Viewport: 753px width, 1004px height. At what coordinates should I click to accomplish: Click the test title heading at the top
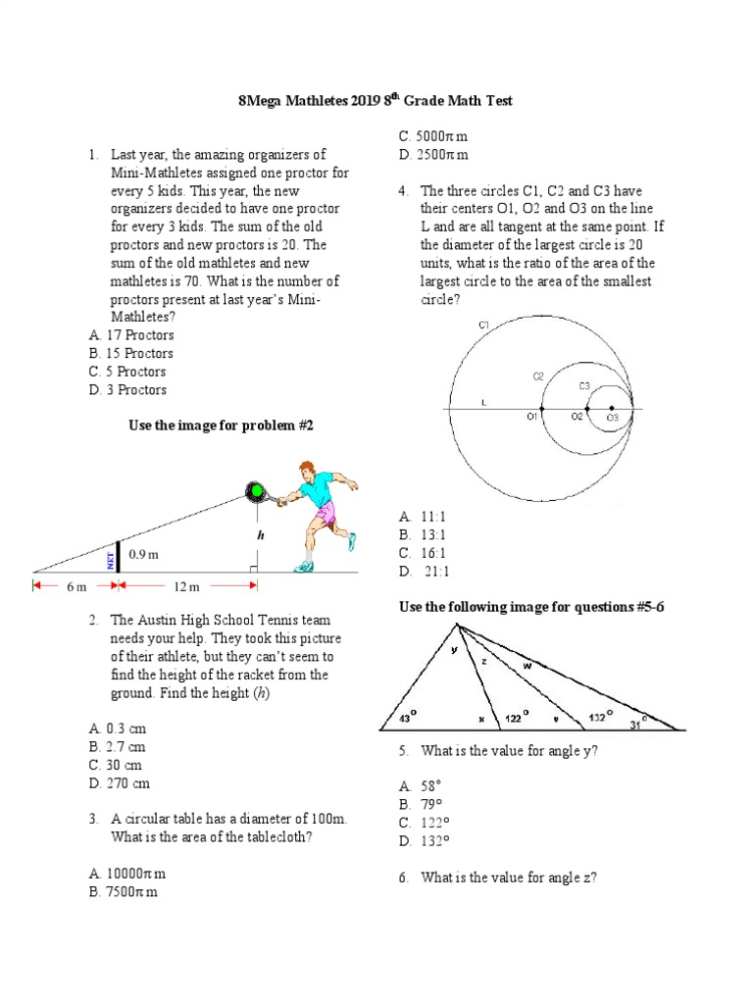click(376, 101)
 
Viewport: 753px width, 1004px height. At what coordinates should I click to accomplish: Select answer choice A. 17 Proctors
click(131, 335)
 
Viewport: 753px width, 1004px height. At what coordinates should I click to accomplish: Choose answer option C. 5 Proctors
click(127, 372)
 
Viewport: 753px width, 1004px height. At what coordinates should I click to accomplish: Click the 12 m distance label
click(186, 586)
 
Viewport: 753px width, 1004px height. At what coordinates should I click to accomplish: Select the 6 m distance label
click(76, 586)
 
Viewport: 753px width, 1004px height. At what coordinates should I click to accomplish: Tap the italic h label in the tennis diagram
click(260, 535)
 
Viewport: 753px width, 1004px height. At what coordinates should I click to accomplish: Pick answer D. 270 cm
click(120, 783)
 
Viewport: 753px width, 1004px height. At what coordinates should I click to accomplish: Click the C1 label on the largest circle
click(484, 325)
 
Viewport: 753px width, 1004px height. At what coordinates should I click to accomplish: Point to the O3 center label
click(611, 419)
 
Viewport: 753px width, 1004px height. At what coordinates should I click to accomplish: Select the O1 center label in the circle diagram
click(534, 418)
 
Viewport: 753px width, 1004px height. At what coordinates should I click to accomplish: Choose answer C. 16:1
click(423, 553)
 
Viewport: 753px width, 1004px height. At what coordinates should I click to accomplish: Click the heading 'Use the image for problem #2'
click(221, 426)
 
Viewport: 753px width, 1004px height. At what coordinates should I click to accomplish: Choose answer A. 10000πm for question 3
click(127, 874)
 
